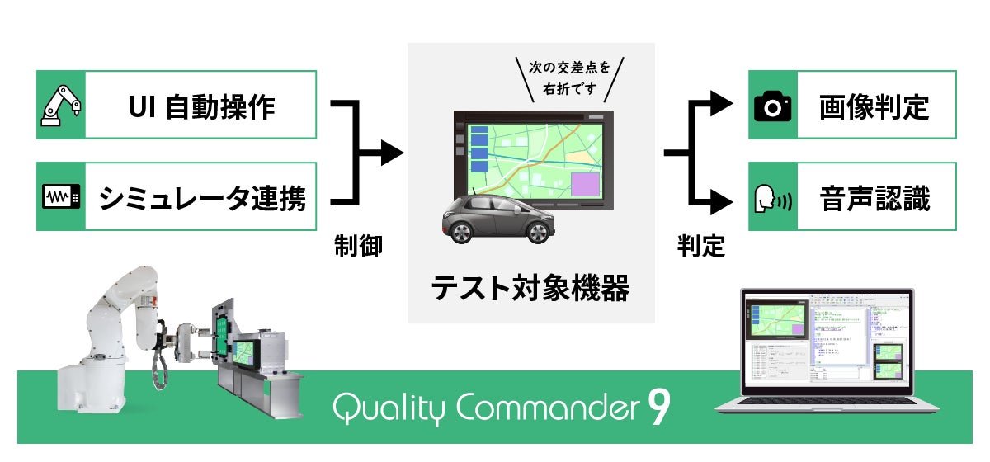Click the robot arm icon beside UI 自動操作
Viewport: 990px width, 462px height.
coord(61,105)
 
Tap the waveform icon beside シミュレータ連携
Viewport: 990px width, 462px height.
coord(61,197)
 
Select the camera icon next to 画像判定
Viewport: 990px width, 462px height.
coord(773,106)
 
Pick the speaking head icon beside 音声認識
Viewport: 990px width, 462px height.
coord(773,199)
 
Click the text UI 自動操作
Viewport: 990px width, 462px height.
coord(202,106)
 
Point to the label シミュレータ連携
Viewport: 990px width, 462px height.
coord(202,198)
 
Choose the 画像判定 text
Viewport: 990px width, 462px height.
coord(874,106)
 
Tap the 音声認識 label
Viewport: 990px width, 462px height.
coord(874,199)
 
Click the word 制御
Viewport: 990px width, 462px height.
coord(358,246)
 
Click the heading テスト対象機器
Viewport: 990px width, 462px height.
coord(530,288)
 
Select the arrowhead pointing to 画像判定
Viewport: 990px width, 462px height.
coord(724,103)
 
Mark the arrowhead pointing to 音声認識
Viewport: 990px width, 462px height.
coord(724,200)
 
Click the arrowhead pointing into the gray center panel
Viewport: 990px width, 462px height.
coord(392,153)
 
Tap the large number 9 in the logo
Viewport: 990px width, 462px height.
coord(658,408)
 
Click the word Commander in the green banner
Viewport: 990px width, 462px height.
coord(545,407)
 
